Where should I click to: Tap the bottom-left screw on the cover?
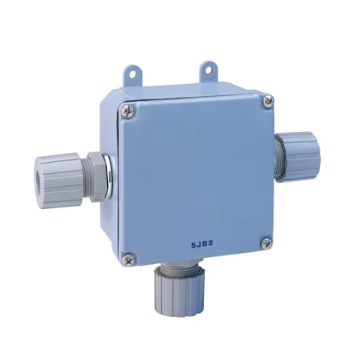pyautogui.click(x=128, y=255)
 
